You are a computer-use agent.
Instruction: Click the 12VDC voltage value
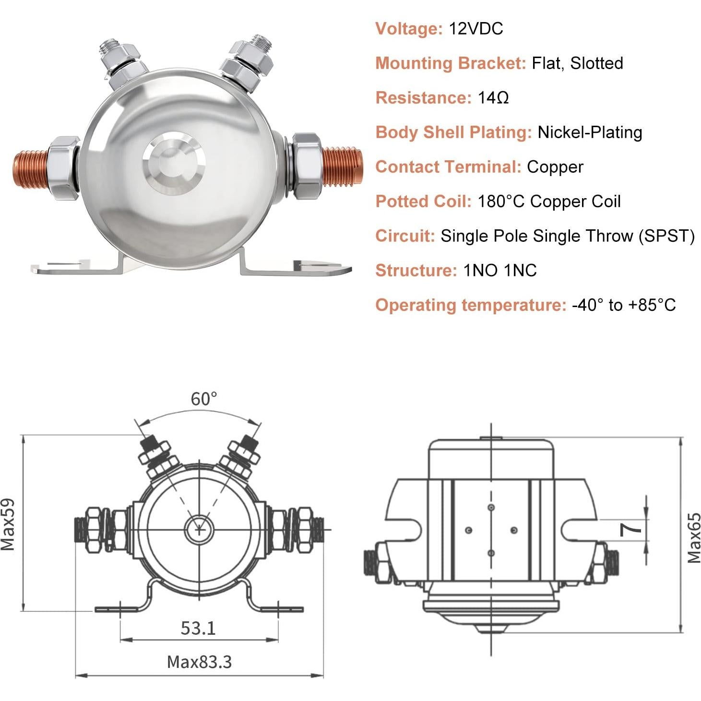pyautogui.click(x=475, y=29)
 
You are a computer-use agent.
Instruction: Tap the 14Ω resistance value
pyautogui.click(x=493, y=98)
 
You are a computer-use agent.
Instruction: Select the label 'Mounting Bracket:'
pyautogui.click(x=451, y=63)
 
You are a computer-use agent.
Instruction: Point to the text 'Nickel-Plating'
pyautogui.click(x=590, y=132)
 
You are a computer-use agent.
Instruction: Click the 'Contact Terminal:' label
pyautogui.click(x=448, y=167)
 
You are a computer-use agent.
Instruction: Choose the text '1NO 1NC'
pyautogui.click(x=499, y=271)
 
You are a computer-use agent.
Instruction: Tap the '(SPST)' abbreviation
pyautogui.click(x=666, y=236)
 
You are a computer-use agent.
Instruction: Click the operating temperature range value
pyautogui.click(x=624, y=305)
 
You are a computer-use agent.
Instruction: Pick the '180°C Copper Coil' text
pyautogui.click(x=549, y=202)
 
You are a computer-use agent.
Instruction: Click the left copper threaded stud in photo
pyautogui.click(x=30, y=168)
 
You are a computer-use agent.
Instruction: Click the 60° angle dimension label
pyautogui.click(x=204, y=399)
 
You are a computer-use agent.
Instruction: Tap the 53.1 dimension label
pyautogui.click(x=198, y=628)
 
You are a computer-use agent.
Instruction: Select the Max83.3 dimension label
pyautogui.click(x=199, y=662)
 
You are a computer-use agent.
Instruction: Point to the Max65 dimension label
pyautogui.click(x=694, y=538)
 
